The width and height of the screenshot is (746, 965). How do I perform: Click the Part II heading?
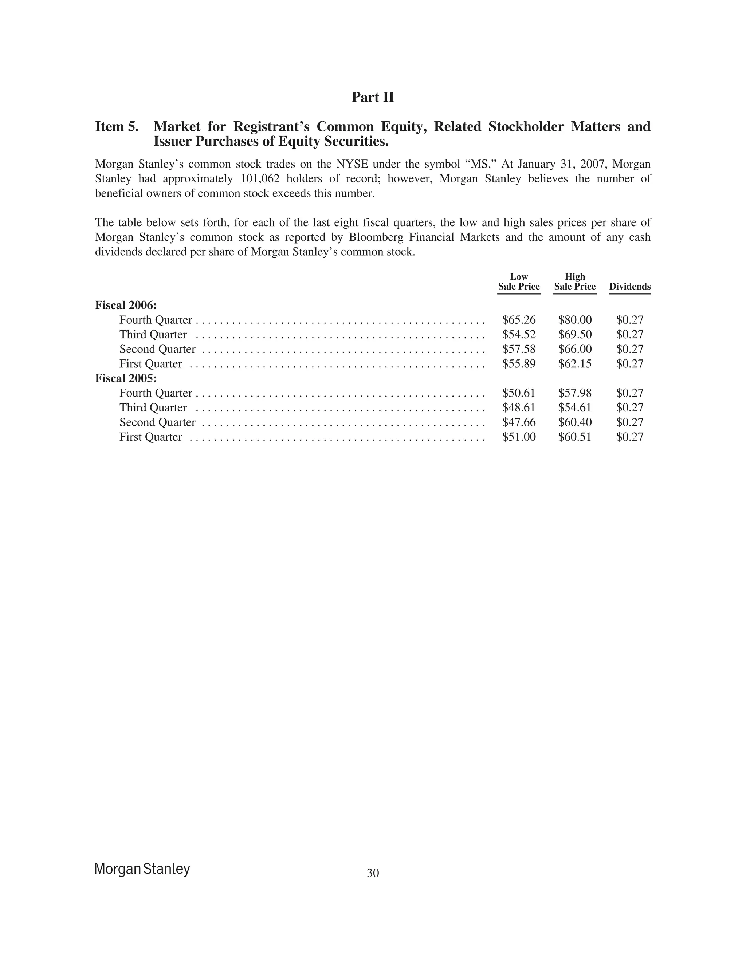tap(373, 97)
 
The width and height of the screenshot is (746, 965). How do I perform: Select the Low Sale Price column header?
tap(519, 281)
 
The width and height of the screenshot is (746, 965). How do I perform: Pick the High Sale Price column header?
tap(574, 281)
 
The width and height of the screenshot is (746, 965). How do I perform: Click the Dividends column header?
tap(630, 286)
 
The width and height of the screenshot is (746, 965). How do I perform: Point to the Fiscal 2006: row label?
tap(126, 305)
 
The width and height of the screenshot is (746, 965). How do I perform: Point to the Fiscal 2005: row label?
tap(126, 379)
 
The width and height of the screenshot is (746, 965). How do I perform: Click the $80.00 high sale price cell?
tap(574, 320)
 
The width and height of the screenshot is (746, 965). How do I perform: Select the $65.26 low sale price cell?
tap(519, 320)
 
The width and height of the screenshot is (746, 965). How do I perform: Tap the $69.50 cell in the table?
tap(574, 335)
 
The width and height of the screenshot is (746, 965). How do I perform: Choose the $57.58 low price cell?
tap(519, 349)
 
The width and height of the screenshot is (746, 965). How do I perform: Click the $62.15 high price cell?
tap(574, 364)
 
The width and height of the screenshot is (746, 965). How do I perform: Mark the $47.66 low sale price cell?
tap(519, 422)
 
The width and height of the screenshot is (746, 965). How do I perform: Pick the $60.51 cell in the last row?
tap(574, 437)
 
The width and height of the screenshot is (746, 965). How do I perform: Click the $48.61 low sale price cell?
tap(519, 407)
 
